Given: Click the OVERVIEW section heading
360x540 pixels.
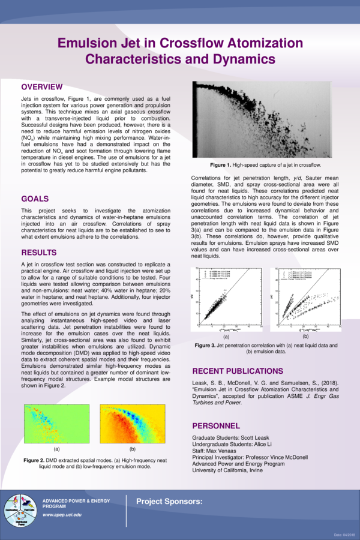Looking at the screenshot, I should coord(42,86).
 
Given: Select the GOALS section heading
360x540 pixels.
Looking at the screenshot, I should coord(35,199).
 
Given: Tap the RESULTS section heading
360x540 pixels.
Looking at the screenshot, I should coord(39,253).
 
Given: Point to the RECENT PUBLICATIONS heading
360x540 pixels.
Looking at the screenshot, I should coord(237,371).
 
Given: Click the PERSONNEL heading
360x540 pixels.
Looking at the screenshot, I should coord(216,425).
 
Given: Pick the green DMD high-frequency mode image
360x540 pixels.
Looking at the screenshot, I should coord(56,424).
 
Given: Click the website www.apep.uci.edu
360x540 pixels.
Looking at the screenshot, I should coord(62,515).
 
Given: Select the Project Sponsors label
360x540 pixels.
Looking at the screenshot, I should coord(169,501).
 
